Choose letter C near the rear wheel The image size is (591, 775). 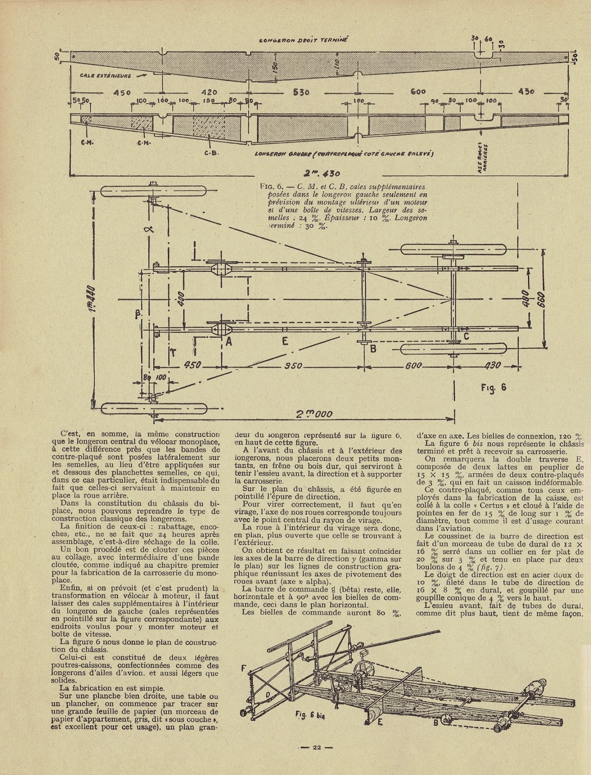(x=466, y=335)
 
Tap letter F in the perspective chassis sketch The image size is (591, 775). (x=243, y=668)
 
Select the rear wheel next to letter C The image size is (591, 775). (x=454, y=349)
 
